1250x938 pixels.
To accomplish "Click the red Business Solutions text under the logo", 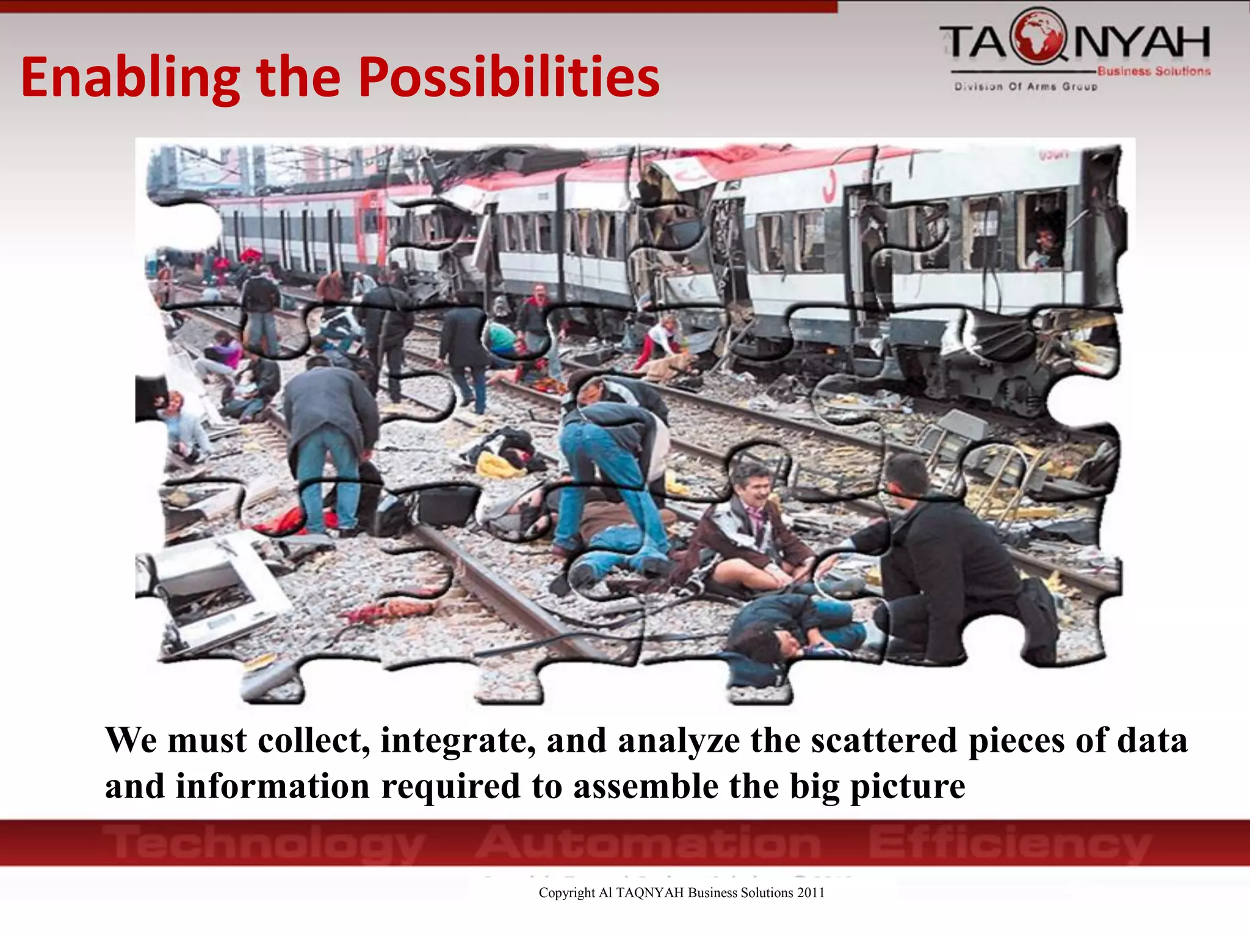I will pos(1154,71).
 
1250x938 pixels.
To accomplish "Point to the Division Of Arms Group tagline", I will pos(1026,87).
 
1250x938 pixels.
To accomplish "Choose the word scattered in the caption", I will pos(884,741).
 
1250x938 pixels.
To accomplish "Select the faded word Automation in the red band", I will pos(648,842).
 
